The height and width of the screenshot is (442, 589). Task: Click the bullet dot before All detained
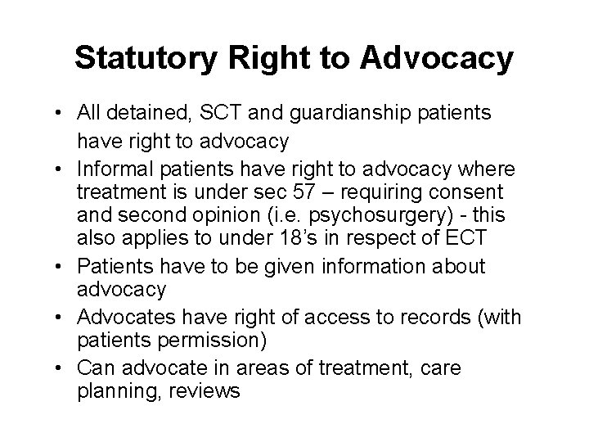point(86,115)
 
